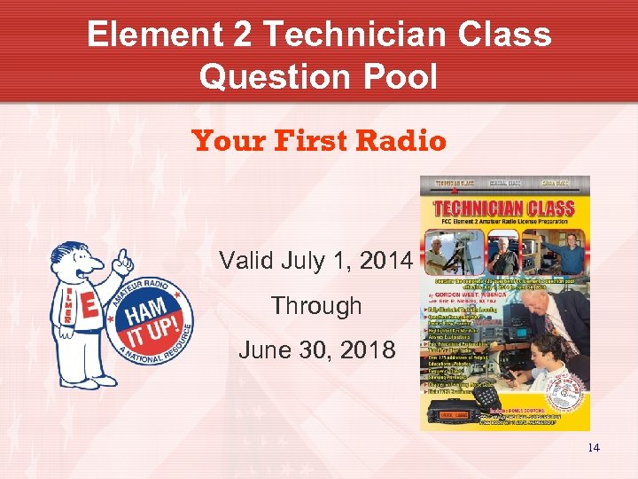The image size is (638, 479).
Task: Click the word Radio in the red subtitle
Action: [x=402, y=141]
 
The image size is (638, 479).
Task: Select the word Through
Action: [x=316, y=305]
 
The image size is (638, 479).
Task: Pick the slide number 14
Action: [x=593, y=447]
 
